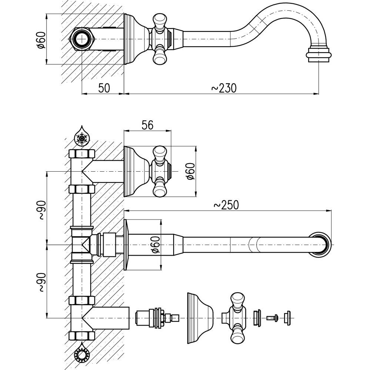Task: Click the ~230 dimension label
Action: [223, 88]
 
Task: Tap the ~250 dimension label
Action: [226, 205]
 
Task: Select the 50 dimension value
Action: [104, 88]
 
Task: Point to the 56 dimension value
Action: [147, 125]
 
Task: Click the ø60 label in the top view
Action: [41, 40]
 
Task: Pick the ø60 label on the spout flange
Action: [156, 245]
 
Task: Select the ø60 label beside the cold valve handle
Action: [190, 171]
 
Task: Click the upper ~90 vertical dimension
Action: [41, 210]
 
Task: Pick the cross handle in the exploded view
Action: [236, 317]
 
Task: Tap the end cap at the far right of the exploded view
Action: [287, 317]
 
